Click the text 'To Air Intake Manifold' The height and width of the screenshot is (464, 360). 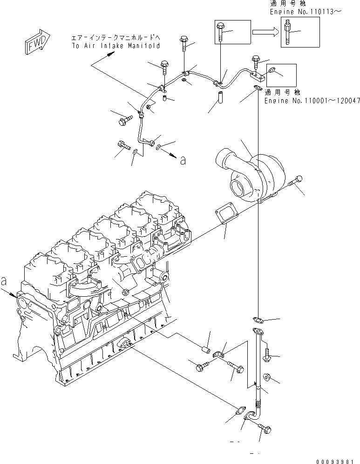(x=116, y=46)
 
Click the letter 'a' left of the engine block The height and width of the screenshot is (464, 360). (x=4, y=281)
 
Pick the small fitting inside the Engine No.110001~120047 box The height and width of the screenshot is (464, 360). (x=272, y=70)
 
